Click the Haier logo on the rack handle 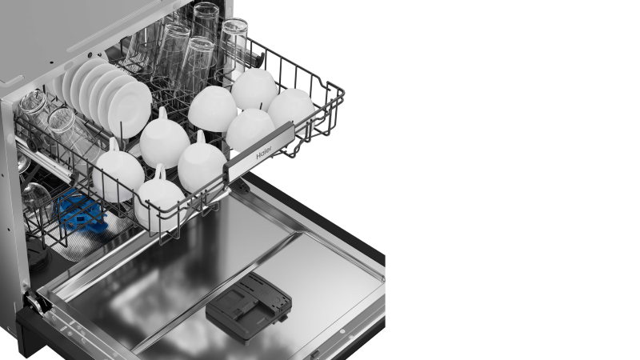[264, 153]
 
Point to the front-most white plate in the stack [130, 110]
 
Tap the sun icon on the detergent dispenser [267, 292]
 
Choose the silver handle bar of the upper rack [259, 151]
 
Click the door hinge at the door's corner [36, 303]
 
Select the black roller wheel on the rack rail [33, 144]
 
